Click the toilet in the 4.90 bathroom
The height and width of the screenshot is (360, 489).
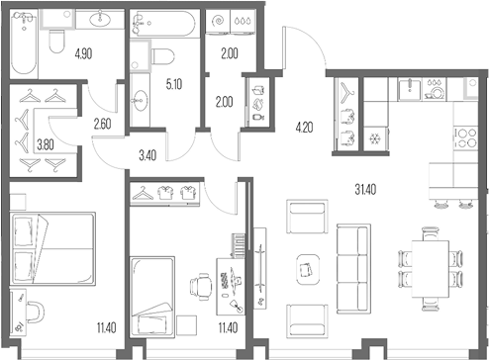click(57, 39)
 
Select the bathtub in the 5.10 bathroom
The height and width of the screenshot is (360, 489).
click(164, 22)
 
